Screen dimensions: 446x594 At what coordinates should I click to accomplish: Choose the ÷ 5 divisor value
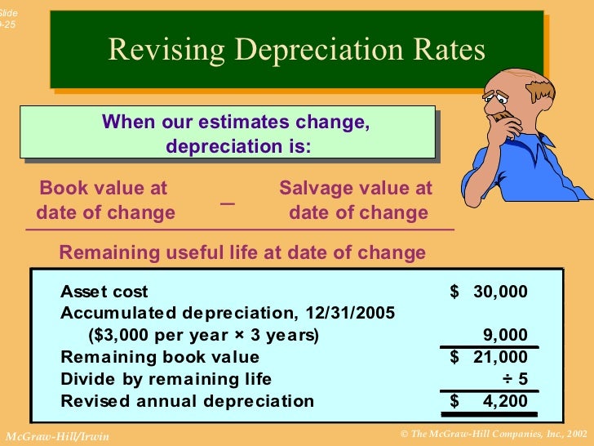514,379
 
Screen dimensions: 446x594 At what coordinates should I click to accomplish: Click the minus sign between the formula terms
227,202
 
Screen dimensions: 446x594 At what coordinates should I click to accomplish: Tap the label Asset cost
104,292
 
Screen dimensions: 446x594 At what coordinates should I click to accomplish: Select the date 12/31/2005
350,314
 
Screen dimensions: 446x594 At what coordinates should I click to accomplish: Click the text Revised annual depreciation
187,401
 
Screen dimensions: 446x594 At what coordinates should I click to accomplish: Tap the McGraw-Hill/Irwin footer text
57,436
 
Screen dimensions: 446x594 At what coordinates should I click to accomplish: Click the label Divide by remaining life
166,379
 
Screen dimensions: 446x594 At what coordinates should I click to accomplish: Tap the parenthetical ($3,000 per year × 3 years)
203,336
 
